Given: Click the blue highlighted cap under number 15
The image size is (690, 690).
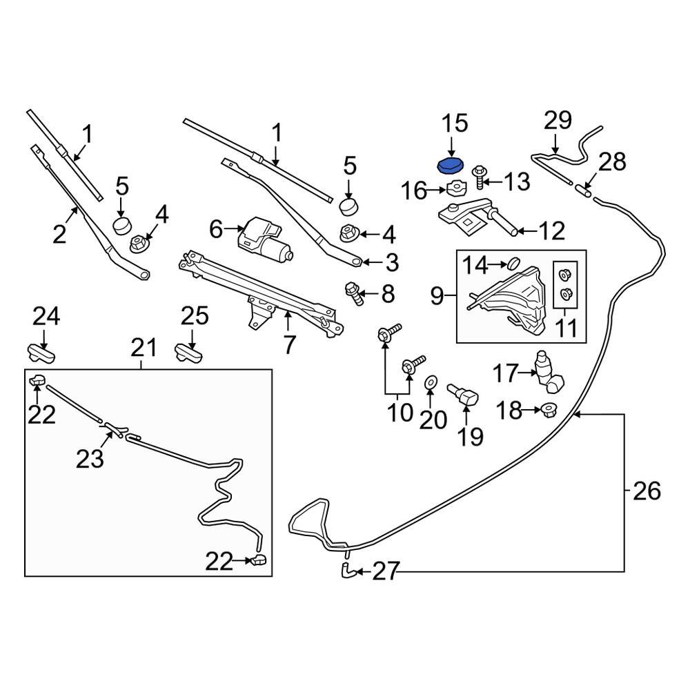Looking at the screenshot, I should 450,166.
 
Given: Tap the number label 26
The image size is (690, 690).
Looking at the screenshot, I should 646,491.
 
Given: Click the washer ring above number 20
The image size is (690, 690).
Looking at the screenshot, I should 431,382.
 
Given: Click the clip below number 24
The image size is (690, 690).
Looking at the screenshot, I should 42,352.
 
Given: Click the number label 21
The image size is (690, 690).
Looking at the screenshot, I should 144,347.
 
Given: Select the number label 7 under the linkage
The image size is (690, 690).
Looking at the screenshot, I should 288,343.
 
